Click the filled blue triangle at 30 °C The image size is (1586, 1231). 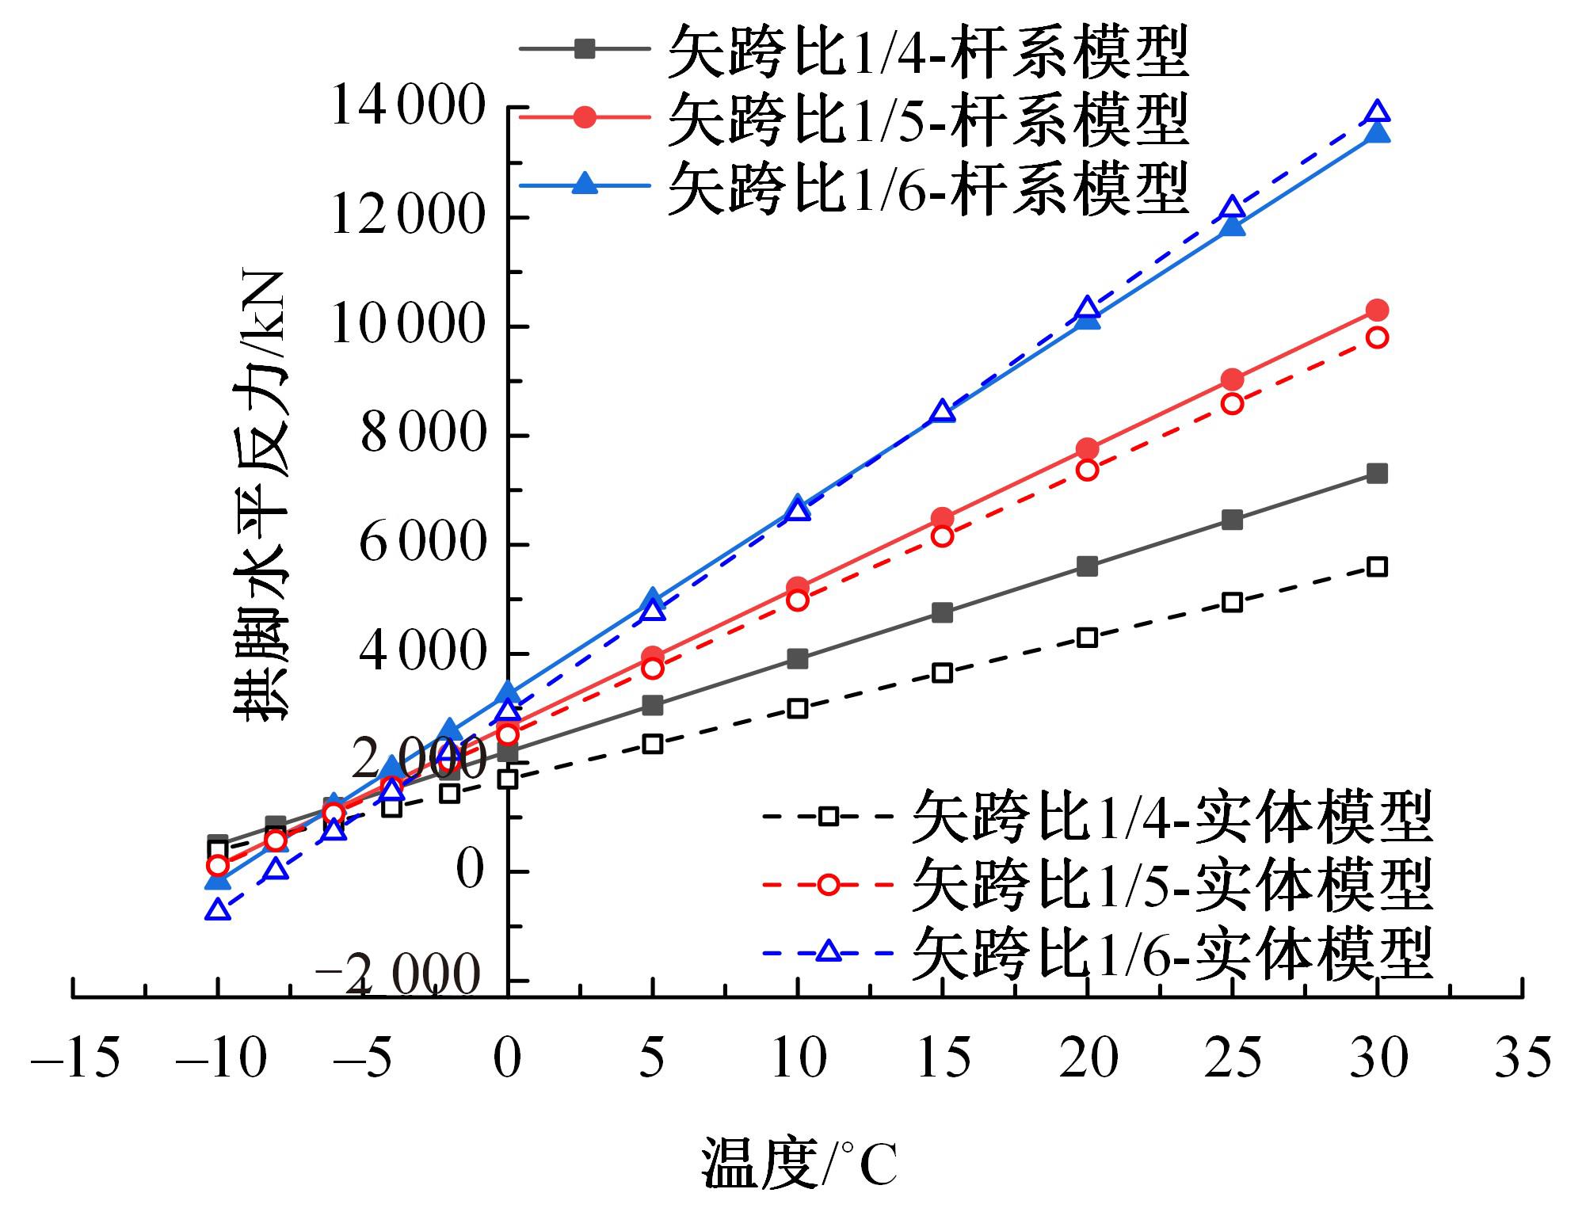1378,131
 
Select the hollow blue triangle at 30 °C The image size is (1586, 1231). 1378,112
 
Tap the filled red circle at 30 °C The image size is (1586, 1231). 1378,310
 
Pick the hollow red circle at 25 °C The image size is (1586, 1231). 1232,403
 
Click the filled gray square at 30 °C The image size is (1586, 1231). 1378,474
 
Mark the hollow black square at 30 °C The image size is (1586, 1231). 1378,566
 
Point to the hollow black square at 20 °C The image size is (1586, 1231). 1088,637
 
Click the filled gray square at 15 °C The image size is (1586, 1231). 942,612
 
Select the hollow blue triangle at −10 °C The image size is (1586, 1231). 218,910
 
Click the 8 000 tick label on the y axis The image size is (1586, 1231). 421,434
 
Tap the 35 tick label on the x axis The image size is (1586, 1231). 1523,1058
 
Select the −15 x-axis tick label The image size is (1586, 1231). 75,1058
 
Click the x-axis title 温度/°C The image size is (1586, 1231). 799,1164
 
